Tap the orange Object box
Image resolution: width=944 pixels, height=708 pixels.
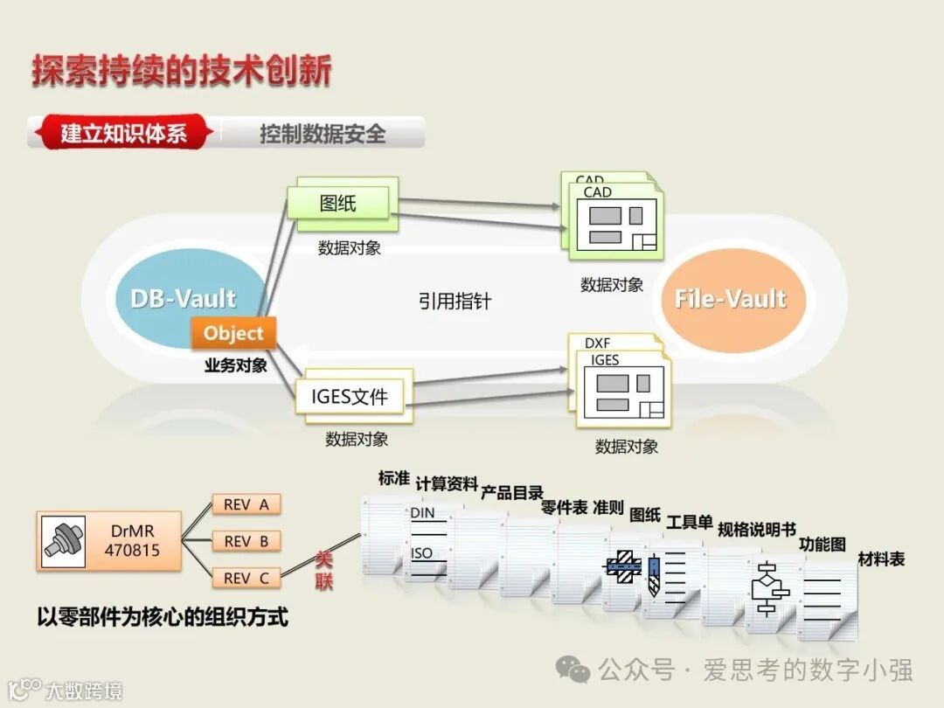pyautogui.click(x=233, y=333)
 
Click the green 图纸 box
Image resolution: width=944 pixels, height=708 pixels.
pyautogui.click(x=340, y=204)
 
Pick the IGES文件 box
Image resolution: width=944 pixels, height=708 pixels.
pyautogui.click(x=349, y=398)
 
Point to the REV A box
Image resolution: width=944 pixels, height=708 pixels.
pyautogui.click(x=246, y=504)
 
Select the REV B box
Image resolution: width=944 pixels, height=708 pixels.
pyautogui.click(x=246, y=541)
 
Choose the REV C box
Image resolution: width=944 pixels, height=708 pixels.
pyautogui.click(x=246, y=578)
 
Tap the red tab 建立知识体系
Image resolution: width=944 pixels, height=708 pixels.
pyautogui.click(x=123, y=134)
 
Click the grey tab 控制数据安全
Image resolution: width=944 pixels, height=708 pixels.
pyautogui.click(x=323, y=134)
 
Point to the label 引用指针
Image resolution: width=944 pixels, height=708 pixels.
pyautogui.click(x=455, y=302)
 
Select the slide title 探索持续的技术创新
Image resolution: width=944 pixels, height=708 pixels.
pyautogui.click(x=182, y=71)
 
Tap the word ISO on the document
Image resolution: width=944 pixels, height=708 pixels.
pyautogui.click(x=422, y=553)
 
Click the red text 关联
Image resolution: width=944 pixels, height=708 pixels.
pyautogui.click(x=324, y=571)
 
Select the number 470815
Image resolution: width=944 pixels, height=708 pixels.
pyautogui.click(x=133, y=551)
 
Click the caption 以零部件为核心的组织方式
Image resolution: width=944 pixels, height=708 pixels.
pyautogui.click(x=163, y=617)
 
